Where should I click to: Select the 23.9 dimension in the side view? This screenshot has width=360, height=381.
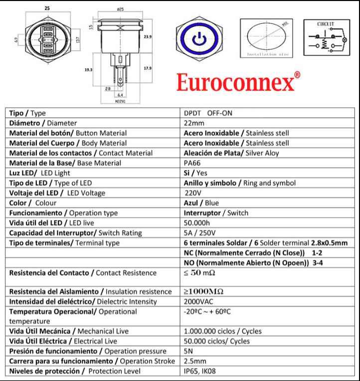[148, 37]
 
